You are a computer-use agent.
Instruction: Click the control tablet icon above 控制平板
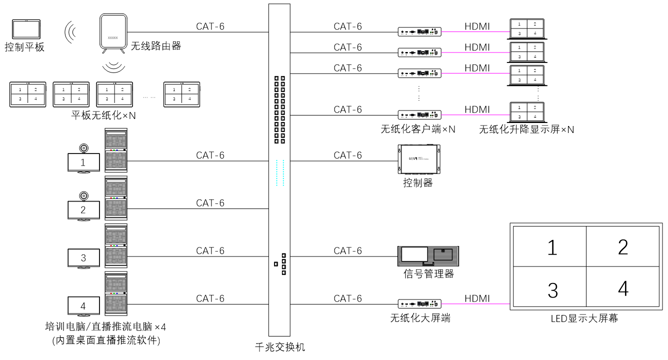tap(26, 29)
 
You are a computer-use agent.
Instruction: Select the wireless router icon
tap(113, 32)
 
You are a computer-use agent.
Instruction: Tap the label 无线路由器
tap(155, 46)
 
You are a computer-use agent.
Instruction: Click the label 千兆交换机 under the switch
tap(279, 347)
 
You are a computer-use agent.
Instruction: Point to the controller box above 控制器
tap(419, 158)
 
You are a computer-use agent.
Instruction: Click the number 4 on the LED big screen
tap(622, 288)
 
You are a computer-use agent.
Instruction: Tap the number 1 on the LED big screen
tap(552, 247)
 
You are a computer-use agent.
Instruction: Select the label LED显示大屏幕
tap(584, 318)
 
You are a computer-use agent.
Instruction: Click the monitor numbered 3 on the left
tap(83, 258)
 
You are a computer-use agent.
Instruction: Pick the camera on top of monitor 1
tap(83, 148)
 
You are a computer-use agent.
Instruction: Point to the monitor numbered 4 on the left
tap(83, 305)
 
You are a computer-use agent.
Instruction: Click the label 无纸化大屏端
tap(420, 317)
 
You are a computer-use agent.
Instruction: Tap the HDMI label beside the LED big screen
tap(477, 298)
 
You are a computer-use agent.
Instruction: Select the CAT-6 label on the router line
tap(210, 26)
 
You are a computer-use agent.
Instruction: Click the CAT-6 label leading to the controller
tap(347, 155)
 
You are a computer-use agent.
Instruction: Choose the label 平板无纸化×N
tap(103, 115)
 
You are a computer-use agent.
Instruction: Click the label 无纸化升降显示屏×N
tap(526, 129)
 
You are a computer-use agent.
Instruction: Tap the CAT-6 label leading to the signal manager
tap(347, 250)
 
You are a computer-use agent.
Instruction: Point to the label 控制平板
tap(24, 47)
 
